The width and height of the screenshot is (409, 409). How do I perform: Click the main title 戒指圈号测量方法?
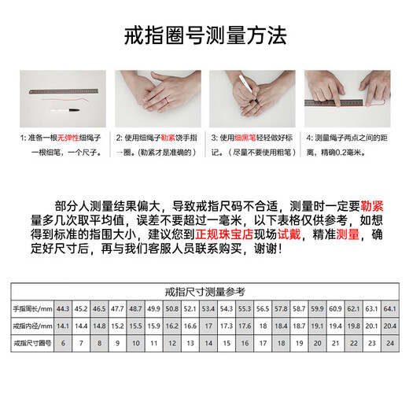(x=205, y=35)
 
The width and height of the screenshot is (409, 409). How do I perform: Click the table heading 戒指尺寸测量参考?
(x=205, y=293)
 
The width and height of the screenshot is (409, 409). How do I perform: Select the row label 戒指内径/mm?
(x=30, y=325)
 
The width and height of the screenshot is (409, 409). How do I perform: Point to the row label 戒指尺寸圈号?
(x=30, y=343)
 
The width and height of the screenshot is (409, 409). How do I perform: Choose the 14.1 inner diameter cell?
(x=63, y=325)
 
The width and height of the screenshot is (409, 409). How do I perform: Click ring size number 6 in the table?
(x=63, y=343)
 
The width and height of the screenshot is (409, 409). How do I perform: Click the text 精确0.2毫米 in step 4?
(x=352, y=154)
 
